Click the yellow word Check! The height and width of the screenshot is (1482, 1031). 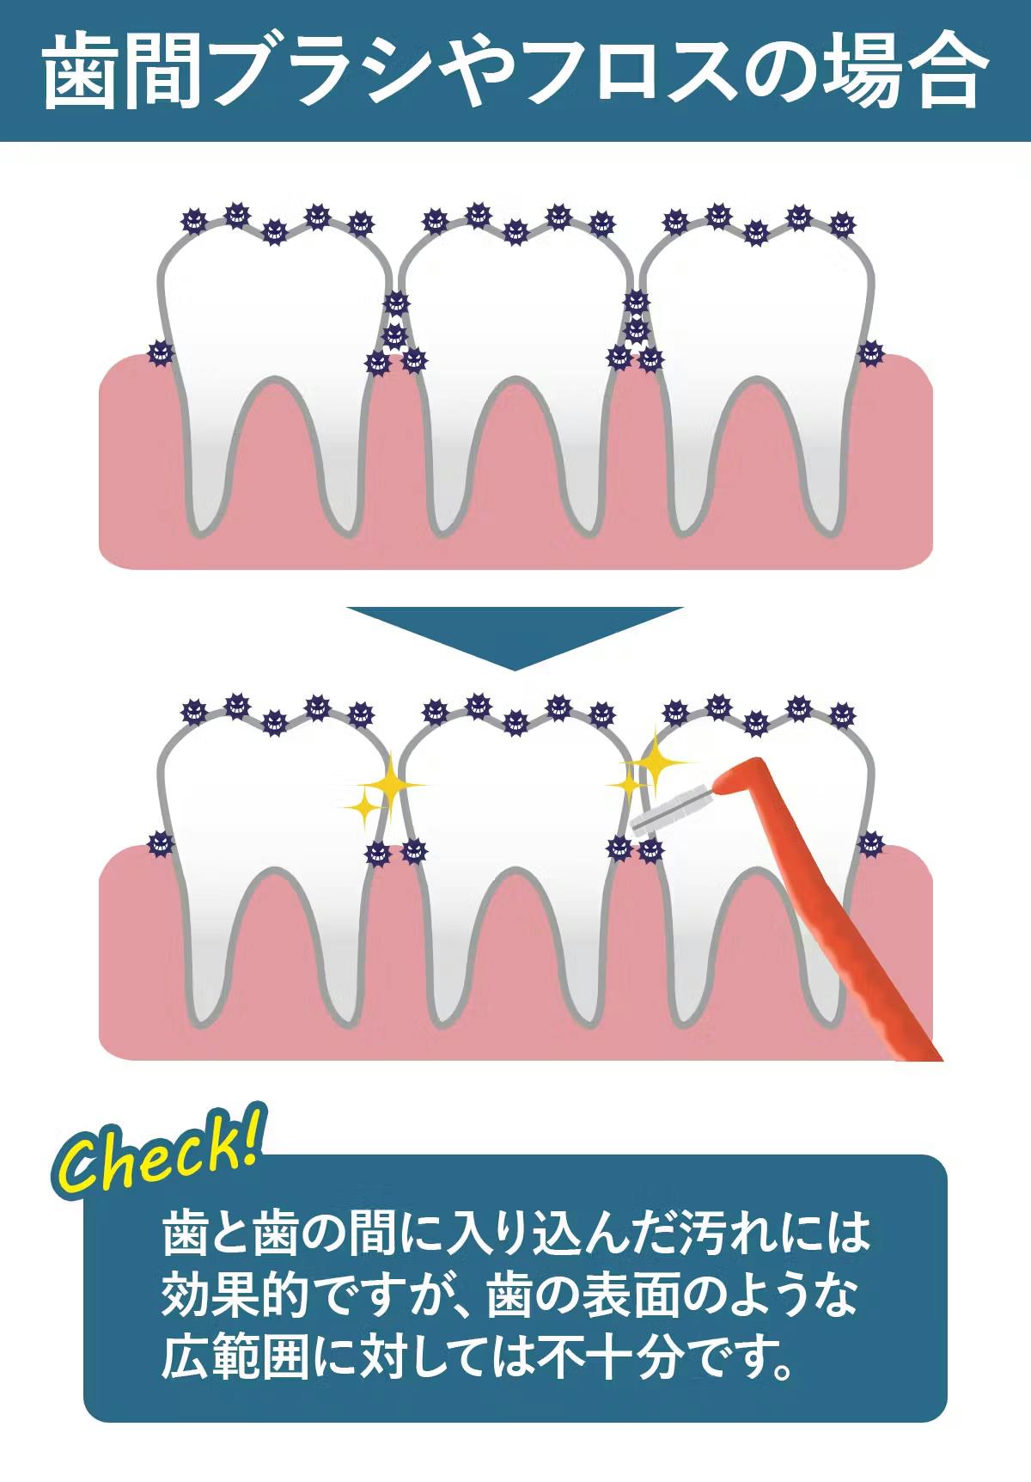point(160,1152)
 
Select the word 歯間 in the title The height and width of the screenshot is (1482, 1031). point(121,70)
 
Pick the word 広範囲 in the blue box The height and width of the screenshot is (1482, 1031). point(234,1357)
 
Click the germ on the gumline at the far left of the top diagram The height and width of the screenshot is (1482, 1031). point(160,352)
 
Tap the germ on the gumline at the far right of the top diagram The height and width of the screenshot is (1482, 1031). point(870,352)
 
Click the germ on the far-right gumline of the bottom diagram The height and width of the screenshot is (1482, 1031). point(870,843)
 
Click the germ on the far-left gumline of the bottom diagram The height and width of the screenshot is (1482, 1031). point(160,843)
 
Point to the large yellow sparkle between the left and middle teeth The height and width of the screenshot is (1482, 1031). point(389,784)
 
